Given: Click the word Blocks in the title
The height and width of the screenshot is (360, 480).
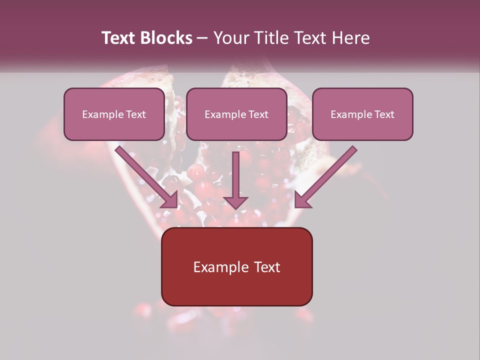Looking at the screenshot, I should [166, 38].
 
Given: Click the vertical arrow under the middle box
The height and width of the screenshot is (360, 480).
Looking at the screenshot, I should [235, 175].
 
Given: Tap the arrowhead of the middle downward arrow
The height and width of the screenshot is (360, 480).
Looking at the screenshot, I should [235, 202].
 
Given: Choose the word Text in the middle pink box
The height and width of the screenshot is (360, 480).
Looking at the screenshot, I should [258, 114].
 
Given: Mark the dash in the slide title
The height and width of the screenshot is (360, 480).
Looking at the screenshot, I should [202, 38].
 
